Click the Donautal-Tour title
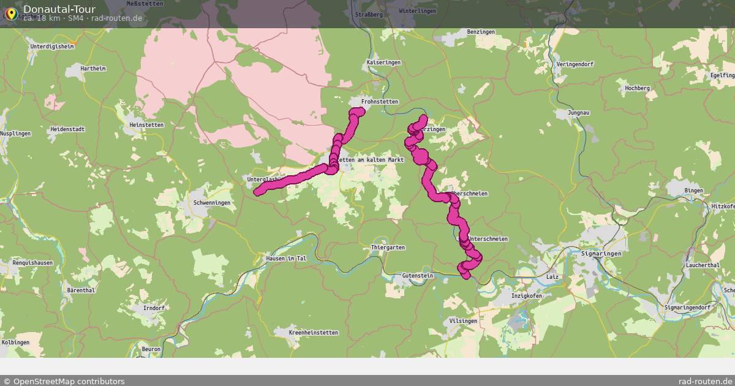[x=59, y=9]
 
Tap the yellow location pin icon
[x=10, y=13]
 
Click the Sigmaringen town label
[x=600, y=253]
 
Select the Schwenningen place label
[x=211, y=203]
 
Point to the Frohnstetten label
[x=380, y=102]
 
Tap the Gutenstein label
[x=418, y=276]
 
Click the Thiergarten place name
[x=388, y=248]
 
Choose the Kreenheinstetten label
[x=313, y=333]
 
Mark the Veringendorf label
[x=575, y=64]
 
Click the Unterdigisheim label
[x=52, y=46]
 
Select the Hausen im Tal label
[x=286, y=259]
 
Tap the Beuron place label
[x=151, y=349]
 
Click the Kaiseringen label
[x=383, y=62]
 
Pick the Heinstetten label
[x=146, y=125]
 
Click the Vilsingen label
[x=462, y=321]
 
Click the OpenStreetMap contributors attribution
[x=64, y=381]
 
